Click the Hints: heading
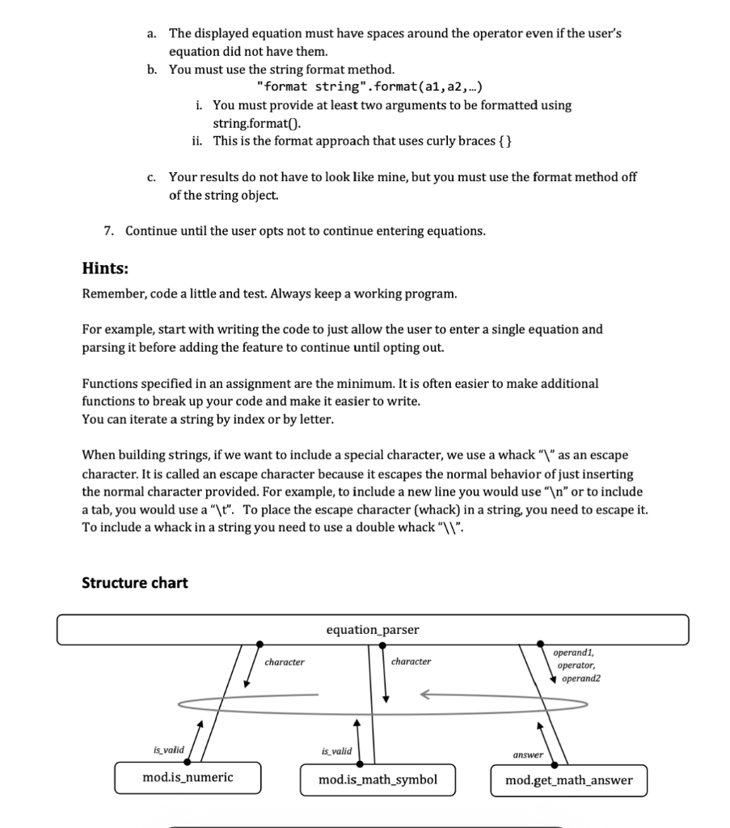(106, 268)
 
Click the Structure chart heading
(134, 583)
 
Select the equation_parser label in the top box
(373, 630)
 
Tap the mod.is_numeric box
(188, 778)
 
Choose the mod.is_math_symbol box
(378, 780)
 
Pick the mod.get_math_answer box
(568, 781)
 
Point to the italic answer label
(527, 754)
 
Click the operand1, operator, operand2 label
(577, 665)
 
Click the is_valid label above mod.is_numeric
(168, 750)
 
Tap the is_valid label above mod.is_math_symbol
(336, 751)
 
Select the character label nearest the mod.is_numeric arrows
(285, 662)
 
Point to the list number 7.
(108, 231)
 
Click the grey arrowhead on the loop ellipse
(427, 694)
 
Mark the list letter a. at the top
(151, 34)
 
